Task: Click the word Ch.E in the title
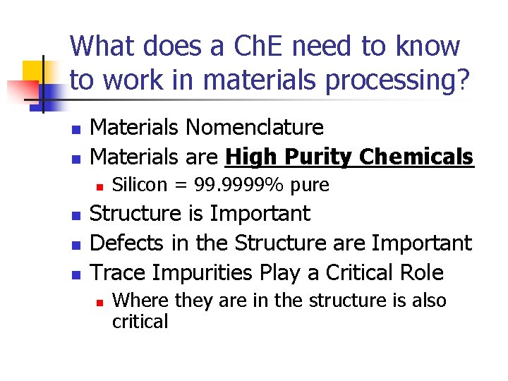coord(247,47)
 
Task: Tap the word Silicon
coord(140,185)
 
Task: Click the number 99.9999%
coord(233,185)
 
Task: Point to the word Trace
coord(120,272)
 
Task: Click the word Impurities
coord(204,272)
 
